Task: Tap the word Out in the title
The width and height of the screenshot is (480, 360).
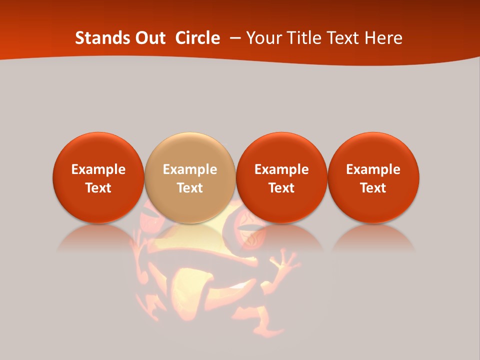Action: (149, 38)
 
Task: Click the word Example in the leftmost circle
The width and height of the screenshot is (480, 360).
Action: (98, 169)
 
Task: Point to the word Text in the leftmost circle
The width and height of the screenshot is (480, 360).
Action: (98, 188)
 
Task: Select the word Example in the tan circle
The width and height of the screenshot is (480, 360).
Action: (189, 169)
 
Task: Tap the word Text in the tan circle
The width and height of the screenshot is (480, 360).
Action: (189, 188)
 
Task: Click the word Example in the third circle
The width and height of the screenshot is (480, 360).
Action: (281, 169)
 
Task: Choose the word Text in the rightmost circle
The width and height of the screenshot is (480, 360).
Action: (373, 188)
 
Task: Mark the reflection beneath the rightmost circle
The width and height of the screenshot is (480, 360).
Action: (373, 237)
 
